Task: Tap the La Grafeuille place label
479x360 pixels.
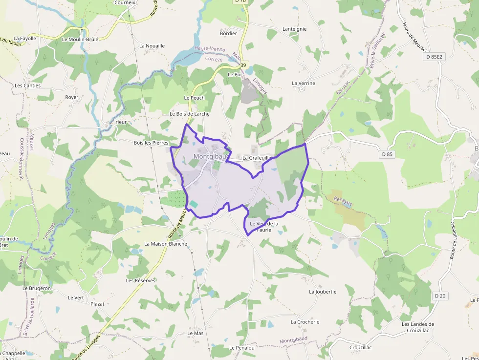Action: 257,158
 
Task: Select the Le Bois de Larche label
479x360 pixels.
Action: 190,114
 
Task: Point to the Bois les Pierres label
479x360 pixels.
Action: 151,143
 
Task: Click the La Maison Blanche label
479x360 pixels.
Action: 166,243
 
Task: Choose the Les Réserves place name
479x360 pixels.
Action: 141,280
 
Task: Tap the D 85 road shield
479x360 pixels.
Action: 387,154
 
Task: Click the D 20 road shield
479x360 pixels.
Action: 440,296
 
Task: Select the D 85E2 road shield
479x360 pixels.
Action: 434,57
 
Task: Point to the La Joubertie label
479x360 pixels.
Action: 323,292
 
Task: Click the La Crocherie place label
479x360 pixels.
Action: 305,322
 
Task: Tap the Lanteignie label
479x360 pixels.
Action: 295,29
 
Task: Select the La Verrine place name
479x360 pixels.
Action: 304,83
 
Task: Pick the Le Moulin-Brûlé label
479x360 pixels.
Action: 80,39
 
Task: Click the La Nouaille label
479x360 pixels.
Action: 152,45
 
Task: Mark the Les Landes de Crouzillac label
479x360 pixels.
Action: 418,327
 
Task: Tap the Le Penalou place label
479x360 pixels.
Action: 242,347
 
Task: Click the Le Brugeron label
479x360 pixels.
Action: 37,288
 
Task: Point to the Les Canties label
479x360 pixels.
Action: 28,85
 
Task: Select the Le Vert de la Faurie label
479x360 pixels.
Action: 264,226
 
